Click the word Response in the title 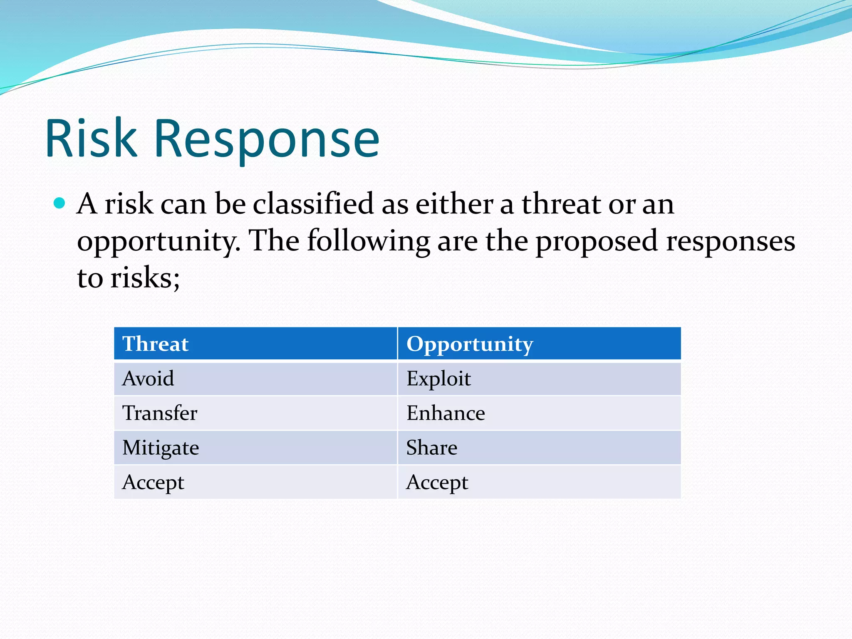(266, 139)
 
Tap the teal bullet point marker (60, 203)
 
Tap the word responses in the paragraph (731, 241)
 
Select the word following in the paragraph (369, 241)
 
